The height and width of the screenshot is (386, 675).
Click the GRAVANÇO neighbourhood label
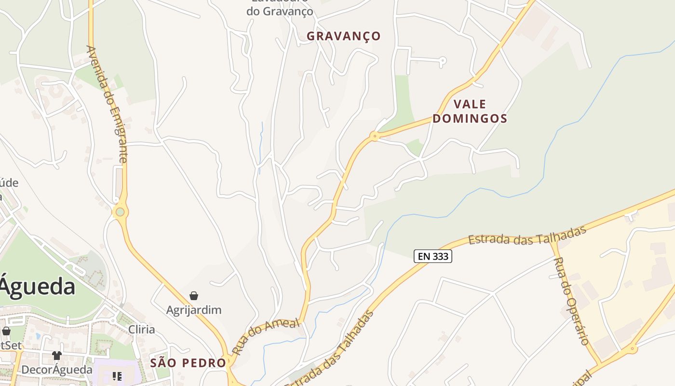point(343,36)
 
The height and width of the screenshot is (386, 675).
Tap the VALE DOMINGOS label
point(470,111)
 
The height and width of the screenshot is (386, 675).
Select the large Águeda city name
point(37,287)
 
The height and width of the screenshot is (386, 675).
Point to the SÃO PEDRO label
point(188,363)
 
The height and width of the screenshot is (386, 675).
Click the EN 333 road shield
point(432,256)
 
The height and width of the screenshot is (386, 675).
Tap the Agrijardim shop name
point(194,310)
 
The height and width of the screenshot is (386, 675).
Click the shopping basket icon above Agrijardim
point(194,296)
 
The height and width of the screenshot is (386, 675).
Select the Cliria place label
point(142,330)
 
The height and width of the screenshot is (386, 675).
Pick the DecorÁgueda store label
point(57,370)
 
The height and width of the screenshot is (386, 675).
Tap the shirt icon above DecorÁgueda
point(57,356)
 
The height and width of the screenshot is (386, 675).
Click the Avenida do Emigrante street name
point(107,104)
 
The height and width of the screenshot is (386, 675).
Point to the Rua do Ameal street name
point(265,336)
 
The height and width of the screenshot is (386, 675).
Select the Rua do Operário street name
point(572,301)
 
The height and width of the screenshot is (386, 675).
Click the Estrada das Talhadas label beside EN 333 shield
point(527,235)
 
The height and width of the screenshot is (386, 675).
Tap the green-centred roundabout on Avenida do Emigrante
point(120,212)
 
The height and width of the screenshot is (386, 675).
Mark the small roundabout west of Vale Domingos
point(374,137)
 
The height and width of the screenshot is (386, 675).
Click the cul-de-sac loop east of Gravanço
point(443,61)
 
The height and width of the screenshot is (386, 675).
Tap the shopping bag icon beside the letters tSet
point(6,331)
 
